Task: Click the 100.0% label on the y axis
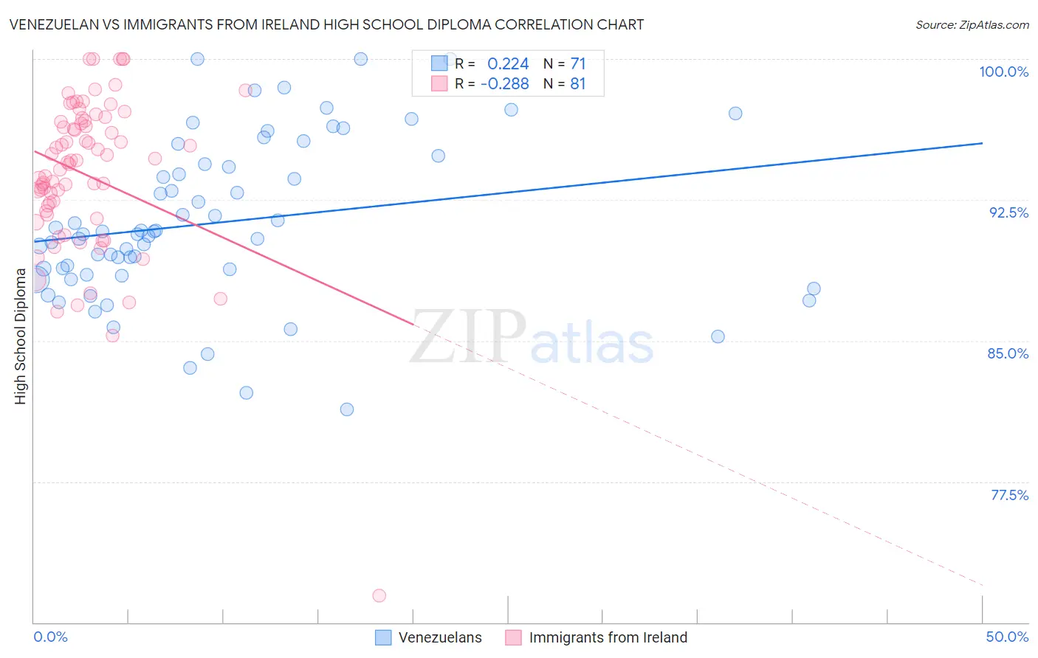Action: (1003, 72)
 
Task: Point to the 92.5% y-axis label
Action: (1008, 212)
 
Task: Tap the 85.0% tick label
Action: (1008, 353)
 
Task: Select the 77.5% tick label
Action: (1009, 495)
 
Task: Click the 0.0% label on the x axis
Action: (50, 637)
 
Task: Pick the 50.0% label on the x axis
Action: (1007, 637)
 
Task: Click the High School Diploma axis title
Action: (21, 336)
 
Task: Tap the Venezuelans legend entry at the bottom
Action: (439, 637)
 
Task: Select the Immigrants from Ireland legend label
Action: (608, 637)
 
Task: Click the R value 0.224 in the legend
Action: (508, 64)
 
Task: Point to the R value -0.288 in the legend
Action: (504, 84)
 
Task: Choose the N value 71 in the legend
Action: (577, 64)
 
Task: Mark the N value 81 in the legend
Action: (577, 84)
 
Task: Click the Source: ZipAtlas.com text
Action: (972, 25)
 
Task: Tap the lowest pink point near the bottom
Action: (379, 595)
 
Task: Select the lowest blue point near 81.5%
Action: (347, 409)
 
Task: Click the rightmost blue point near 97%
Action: (735, 114)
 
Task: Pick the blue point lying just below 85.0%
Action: (718, 336)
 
